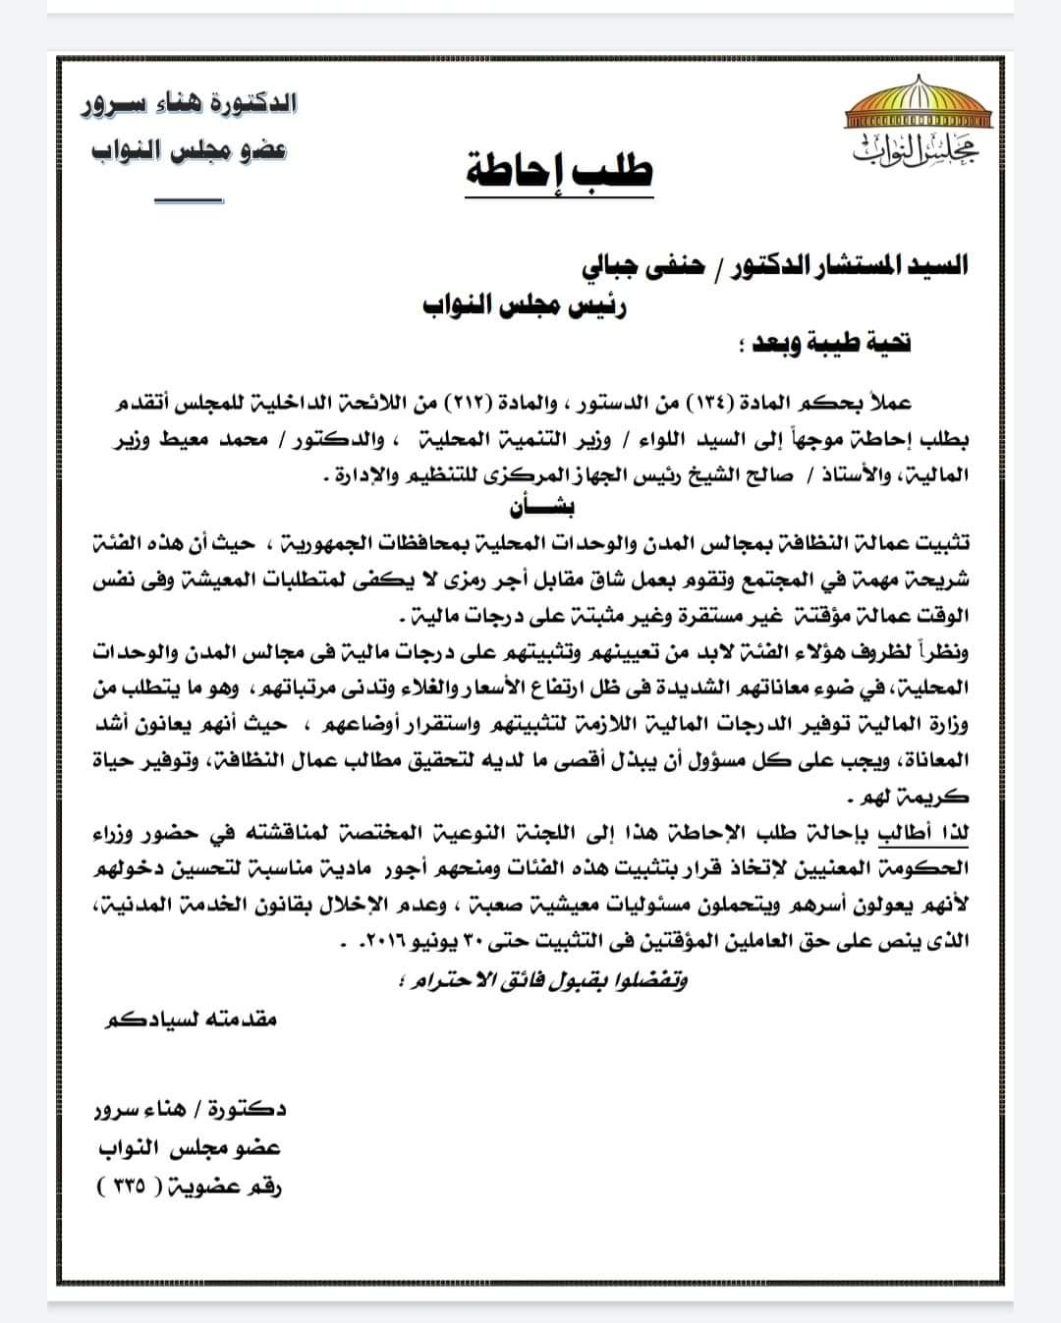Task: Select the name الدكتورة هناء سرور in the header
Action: [x=190, y=103]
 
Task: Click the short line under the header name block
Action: [x=189, y=201]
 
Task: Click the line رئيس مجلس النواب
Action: [x=526, y=305]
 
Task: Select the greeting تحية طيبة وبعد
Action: [x=825, y=344]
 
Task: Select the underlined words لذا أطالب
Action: [x=933, y=833]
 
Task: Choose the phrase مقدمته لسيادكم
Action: [x=191, y=1019]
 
